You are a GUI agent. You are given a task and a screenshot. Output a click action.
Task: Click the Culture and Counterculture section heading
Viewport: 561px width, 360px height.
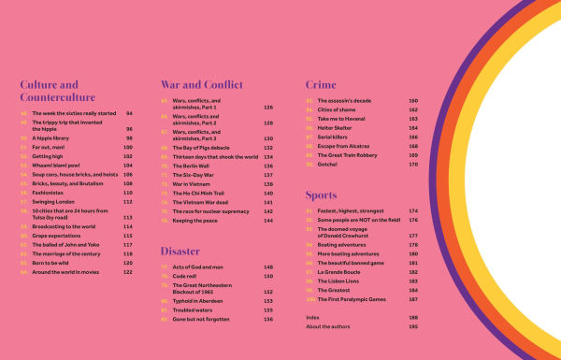(57, 89)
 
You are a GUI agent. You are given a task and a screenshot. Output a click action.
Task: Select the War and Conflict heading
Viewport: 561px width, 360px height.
(200, 83)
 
